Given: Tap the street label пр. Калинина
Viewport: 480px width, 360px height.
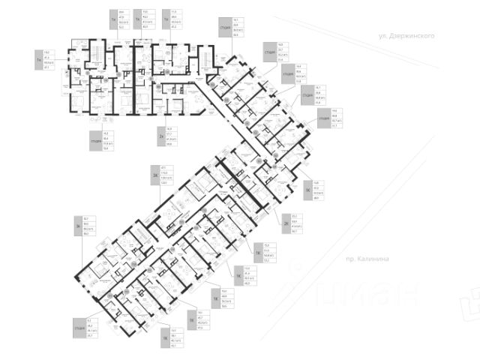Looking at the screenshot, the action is pyautogui.click(x=367, y=258).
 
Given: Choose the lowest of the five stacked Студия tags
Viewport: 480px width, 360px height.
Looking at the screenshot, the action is pyautogui.click(x=324, y=119).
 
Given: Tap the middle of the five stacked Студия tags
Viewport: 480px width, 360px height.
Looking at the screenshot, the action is pyautogui.click(x=287, y=75).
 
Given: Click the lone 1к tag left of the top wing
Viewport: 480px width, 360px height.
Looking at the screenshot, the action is pyautogui.click(x=37, y=58).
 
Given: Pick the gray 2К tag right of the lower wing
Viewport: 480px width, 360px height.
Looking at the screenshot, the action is pyautogui.click(x=286, y=224).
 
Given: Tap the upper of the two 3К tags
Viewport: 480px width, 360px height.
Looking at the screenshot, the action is pyautogui.click(x=156, y=175).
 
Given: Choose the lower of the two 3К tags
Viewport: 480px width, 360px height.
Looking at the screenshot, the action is pyautogui.click(x=77, y=226).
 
